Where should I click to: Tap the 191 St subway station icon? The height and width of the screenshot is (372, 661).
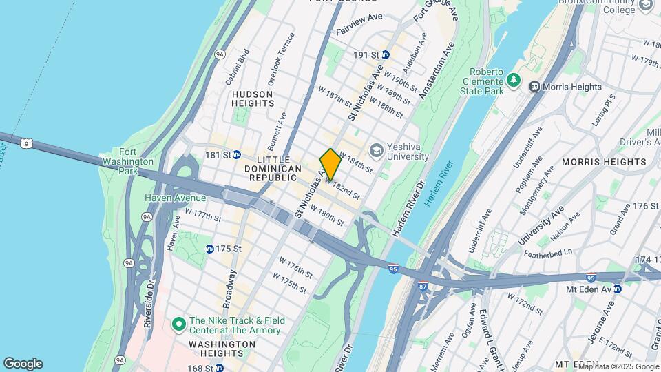[386, 54]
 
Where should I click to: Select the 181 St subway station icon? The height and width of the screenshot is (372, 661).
[236, 155]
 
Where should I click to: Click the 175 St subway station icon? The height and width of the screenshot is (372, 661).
[209, 249]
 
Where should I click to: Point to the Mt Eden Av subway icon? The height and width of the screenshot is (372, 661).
[618, 289]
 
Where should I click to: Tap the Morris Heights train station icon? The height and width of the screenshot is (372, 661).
[534, 87]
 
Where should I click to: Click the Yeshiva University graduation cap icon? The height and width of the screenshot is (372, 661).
[376, 149]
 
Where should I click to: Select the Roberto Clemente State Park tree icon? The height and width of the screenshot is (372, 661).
[513, 81]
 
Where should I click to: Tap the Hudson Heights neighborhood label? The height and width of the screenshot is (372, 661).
[253, 98]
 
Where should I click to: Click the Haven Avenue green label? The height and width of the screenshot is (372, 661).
[175, 198]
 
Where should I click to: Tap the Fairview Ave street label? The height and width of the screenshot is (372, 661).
[359, 32]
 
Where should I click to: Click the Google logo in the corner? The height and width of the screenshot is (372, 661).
[23, 364]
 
